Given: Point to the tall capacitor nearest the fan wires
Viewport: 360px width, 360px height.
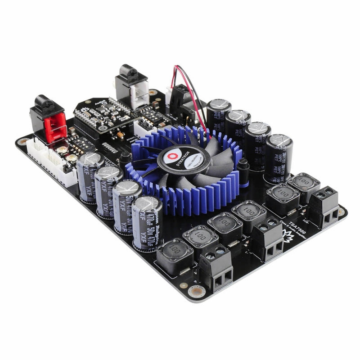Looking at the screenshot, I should click(219, 116).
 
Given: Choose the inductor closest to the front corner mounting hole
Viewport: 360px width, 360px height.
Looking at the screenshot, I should click(175, 256).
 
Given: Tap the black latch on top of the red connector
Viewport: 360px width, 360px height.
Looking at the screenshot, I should click(45, 104).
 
